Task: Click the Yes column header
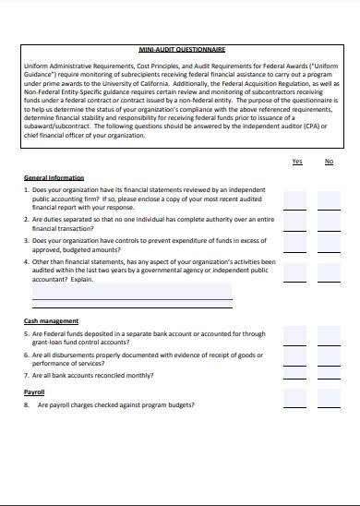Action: click(296, 162)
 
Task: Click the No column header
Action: click(329, 162)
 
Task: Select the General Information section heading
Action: click(54, 177)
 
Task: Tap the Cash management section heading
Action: click(51, 321)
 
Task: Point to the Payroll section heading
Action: click(34, 392)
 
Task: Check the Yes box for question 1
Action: click(295, 199)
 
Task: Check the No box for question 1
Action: click(329, 199)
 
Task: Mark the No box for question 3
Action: click(329, 247)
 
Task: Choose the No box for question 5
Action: click(329, 336)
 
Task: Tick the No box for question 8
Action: click(329, 404)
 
